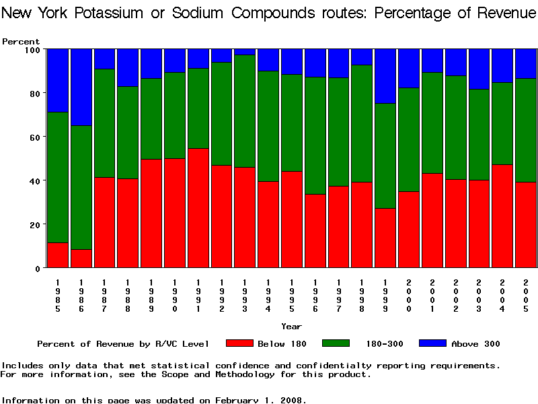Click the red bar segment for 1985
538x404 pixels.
click(x=57, y=255)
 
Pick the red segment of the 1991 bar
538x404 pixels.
click(x=198, y=208)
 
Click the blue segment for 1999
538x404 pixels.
click(x=384, y=76)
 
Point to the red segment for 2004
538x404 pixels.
click(x=501, y=216)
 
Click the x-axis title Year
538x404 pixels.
click(x=291, y=327)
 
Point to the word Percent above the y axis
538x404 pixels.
click(x=21, y=41)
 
